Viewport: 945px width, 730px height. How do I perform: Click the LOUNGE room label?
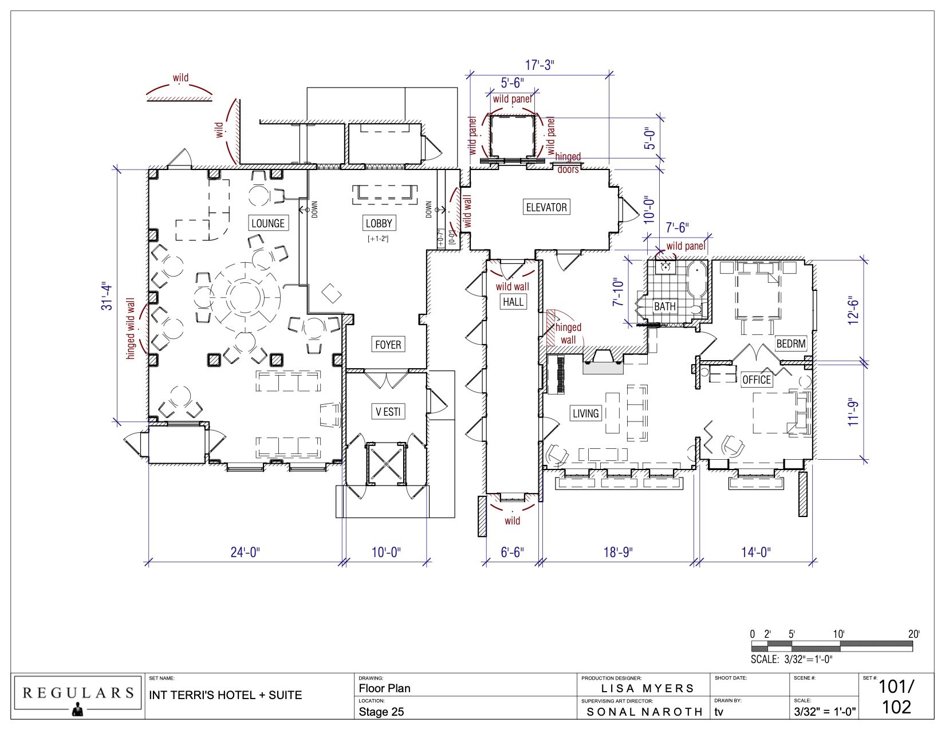(x=268, y=223)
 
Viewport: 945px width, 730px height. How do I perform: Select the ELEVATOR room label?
(x=546, y=207)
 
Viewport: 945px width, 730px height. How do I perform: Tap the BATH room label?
(x=665, y=306)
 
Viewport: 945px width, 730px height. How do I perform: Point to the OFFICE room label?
(x=756, y=380)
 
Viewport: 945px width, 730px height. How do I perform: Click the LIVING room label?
(x=585, y=413)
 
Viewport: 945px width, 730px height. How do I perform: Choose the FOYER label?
(x=388, y=344)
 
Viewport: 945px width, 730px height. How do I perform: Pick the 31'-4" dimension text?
(x=107, y=297)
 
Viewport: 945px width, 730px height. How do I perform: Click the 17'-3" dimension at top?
(x=540, y=65)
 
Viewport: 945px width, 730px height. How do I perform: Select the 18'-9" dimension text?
(x=617, y=552)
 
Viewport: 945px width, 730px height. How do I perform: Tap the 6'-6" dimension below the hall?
(x=512, y=552)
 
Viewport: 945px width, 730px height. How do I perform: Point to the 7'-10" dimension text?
(x=618, y=292)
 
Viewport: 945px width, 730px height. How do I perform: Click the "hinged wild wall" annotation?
(x=130, y=329)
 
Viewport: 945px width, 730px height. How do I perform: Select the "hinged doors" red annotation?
(x=568, y=163)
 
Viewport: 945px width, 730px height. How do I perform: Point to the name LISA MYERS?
(x=647, y=688)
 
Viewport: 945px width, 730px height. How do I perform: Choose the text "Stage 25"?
(x=381, y=712)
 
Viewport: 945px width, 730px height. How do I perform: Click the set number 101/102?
(x=896, y=697)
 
